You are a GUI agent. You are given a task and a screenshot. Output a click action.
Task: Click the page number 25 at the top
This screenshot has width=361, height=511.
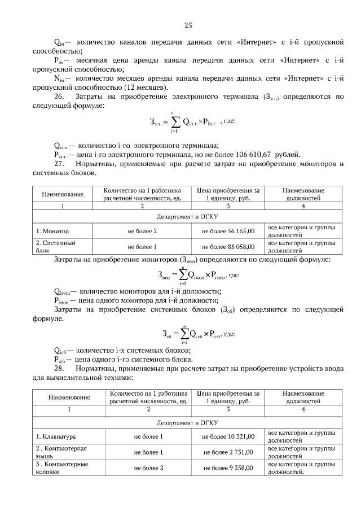pyautogui.click(x=188, y=25)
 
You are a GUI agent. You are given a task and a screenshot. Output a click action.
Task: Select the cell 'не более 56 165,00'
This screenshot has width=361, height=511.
pyautogui.click(x=228, y=231)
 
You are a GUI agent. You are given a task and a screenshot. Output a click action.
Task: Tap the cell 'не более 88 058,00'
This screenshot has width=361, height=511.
pyautogui.click(x=228, y=247)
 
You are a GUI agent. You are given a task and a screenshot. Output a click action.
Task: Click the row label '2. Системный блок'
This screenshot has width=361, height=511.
pyautogui.click(x=55, y=247)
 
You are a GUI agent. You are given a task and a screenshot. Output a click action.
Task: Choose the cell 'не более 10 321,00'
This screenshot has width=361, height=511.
pyautogui.click(x=228, y=436)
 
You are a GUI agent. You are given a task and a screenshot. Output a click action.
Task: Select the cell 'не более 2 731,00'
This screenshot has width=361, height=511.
pyautogui.click(x=228, y=452)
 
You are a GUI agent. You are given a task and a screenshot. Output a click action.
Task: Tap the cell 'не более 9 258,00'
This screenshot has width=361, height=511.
pyautogui.click(x=228, y=468)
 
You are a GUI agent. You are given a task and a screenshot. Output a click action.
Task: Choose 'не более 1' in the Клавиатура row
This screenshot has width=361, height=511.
pyautogui.click(x=148, y=436)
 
